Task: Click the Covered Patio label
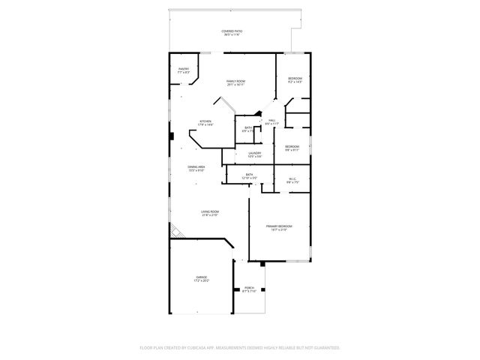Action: (x=232, y=31)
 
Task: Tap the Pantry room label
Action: (x=184, y=69)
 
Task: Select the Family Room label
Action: (x=236, y=81)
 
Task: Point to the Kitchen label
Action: (x=205, y=121)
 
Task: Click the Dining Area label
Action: (x=196, y=167)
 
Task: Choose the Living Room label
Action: (x=209, y=212)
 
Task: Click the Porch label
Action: (x=249, y=287)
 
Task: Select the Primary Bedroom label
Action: (x=279, y=226)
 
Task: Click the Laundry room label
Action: (x=254, y=153)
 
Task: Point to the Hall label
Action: (x=273, y=120)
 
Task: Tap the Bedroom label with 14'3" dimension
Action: (x=295, y=79)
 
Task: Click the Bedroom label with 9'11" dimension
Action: (x=292, y=146)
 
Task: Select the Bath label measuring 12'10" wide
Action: (x=249, y=175)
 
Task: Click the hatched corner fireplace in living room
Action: (x=176, y=232)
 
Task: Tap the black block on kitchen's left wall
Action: (x=172, y=136)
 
